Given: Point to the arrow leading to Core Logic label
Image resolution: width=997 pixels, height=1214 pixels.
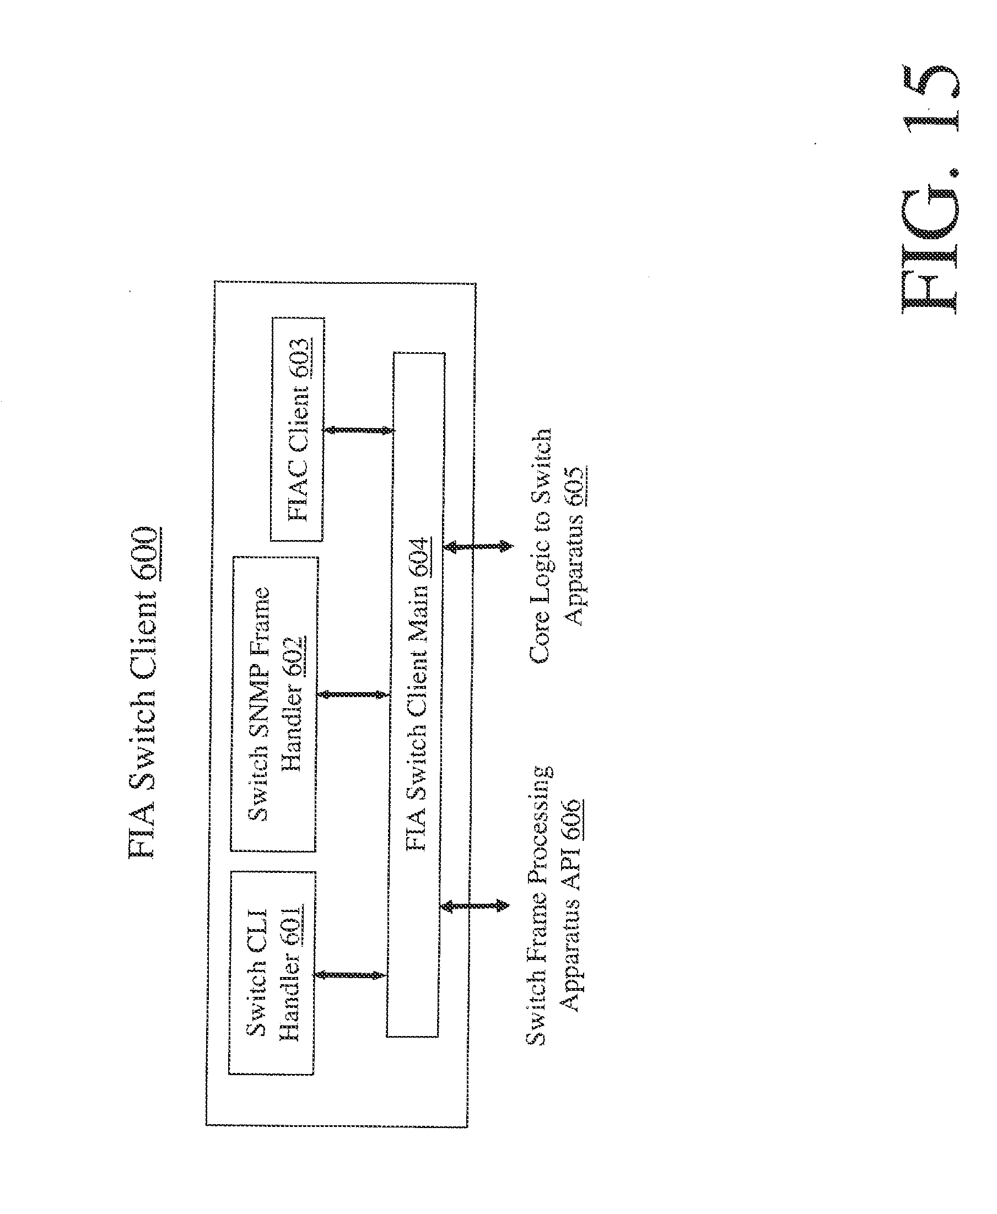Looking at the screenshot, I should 478,546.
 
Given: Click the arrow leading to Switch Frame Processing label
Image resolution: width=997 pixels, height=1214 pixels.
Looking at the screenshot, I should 475,906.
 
